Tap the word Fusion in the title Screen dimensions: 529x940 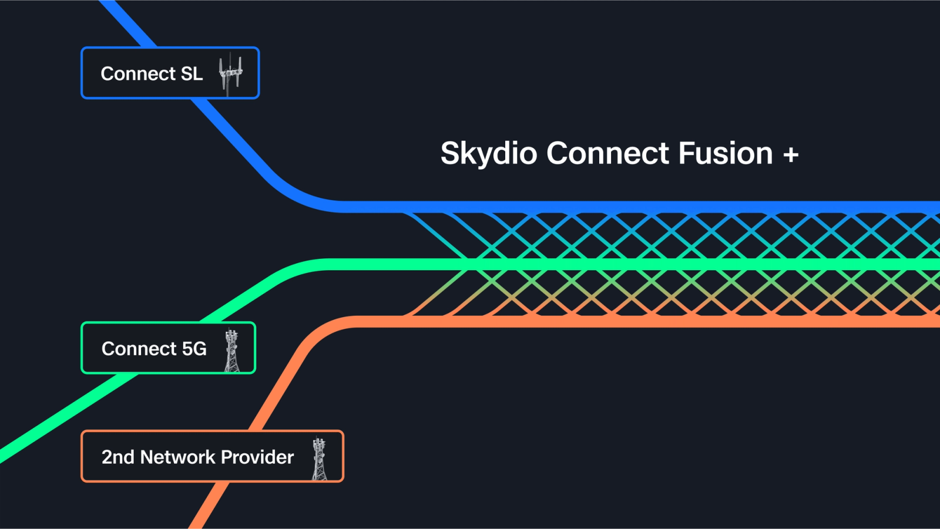click(726, 154)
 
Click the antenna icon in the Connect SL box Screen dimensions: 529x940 click(230, 73)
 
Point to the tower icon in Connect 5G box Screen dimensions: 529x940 click(232, 350)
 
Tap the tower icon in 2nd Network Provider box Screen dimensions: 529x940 click(319, 459)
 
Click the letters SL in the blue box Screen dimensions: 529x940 click(192, 74)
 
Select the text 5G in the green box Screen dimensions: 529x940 click(194, 349)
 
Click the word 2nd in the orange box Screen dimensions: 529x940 click(117, 457)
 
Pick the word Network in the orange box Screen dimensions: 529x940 click(178, 457)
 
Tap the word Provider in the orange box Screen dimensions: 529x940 click(257, 457)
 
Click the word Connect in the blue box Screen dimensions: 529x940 click(138, 74)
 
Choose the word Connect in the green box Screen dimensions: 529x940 click(139, 349)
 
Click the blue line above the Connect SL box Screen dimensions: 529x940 click(126, 23)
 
